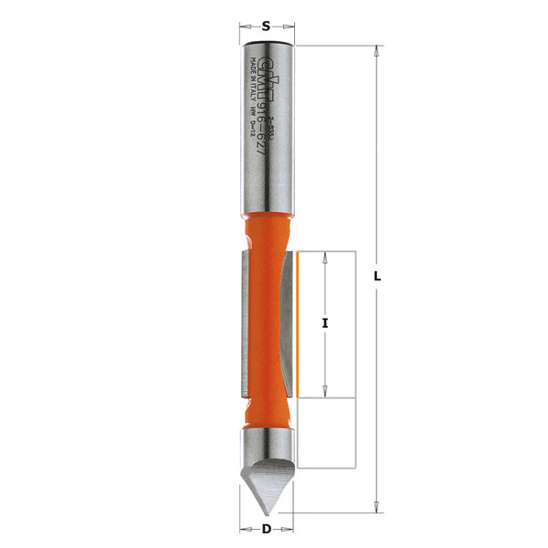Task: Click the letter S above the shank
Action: click(x=266, y=26)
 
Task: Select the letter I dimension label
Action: click(x=325, y=323)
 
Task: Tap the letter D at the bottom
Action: click(x=266, y=528)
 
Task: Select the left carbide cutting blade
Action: click(x=243, y=324)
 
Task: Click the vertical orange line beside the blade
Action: click(x=297, y=323)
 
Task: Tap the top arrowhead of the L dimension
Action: click(x=376, y=51)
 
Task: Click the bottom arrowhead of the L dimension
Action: click(x=376, y=505)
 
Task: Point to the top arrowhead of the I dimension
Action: click(x=325, y=257)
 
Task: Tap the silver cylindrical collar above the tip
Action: click(x=266, y=448)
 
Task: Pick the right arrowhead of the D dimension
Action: click(x=289, y=528)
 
